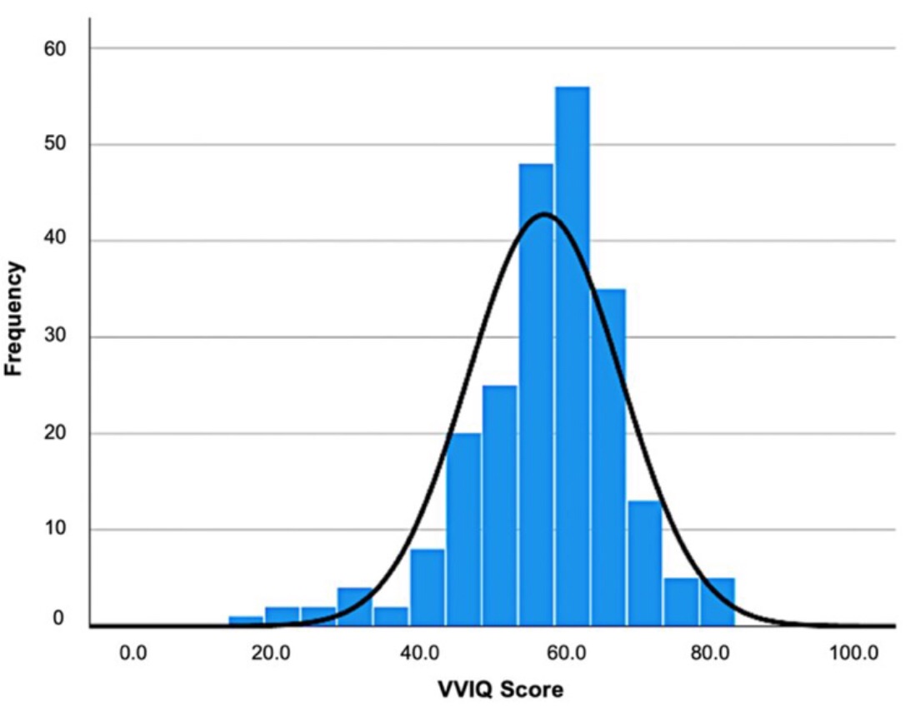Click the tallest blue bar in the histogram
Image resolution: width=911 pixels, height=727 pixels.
(x=572, y=358)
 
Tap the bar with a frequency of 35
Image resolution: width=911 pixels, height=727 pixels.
(x=608, y=458)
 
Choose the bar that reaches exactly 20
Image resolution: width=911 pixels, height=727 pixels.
(x=463, y=530)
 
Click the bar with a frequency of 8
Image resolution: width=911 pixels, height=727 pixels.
(x=427, y=587)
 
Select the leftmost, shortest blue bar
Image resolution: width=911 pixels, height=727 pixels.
(x=247, y=621)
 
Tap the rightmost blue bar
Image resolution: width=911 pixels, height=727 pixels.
(x=717, y=602)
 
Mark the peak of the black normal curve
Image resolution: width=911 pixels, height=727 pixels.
(x=544, y=214)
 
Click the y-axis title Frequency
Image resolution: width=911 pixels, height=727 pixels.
(x=14, y=319)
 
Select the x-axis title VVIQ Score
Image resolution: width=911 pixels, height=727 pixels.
(x=499, y=690)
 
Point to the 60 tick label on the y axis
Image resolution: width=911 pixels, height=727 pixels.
(x=55, y=48)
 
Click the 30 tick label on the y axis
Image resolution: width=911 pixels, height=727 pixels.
(x=55, y=337)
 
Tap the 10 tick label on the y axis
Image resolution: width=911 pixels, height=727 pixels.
(x=55, y=530)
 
